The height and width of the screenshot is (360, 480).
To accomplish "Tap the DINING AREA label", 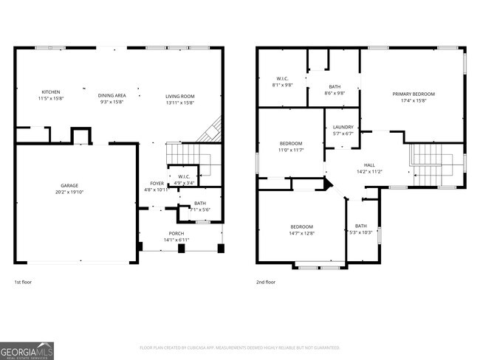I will coord(112,96).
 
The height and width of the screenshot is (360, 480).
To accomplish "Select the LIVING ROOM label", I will coord(179,96).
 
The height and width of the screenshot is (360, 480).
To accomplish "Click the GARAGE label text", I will coord(69,185).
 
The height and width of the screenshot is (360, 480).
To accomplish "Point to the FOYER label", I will coord(157,183).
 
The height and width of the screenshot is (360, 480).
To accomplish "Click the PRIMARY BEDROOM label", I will coord(414,94).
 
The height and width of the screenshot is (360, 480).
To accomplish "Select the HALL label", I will coord(370,165).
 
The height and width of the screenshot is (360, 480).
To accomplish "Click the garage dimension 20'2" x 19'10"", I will coord(69,192).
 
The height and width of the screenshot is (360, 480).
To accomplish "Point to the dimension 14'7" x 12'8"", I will coord(301,233).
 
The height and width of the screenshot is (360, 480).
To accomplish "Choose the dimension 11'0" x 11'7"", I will coord(291,150).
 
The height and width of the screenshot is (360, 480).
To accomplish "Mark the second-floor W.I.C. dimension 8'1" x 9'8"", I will coord(283,85).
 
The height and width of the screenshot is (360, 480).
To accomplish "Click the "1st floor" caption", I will coord(23,282).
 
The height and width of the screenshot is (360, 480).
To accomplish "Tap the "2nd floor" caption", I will coord(265,282).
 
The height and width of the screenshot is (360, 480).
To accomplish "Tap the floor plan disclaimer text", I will coord(239,347).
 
